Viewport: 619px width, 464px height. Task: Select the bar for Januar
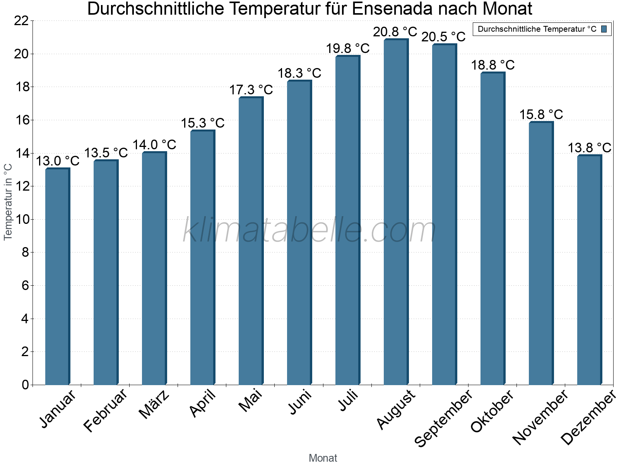[x=57, y=276]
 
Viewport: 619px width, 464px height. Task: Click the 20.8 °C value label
[x=395, y=32]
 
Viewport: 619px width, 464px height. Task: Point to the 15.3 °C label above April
[x=203, y=123]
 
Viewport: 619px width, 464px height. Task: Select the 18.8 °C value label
[x=492, y=65]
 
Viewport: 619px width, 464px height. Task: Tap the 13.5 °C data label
[x=106, y=153]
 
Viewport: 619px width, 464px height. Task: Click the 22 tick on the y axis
[x=21, y=21]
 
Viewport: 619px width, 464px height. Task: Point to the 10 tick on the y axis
[x=21, y=220]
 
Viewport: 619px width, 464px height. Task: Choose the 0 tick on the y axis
[x=25, y=385]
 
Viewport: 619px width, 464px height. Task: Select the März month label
[x=154, y=404]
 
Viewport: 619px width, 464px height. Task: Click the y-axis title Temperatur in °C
[x=8, y=202]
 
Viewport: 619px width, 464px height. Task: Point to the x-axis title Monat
[x=323, y=458]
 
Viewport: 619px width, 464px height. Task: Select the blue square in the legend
[x=604, y=29]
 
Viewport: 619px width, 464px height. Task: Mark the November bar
[x=541, y=253]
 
